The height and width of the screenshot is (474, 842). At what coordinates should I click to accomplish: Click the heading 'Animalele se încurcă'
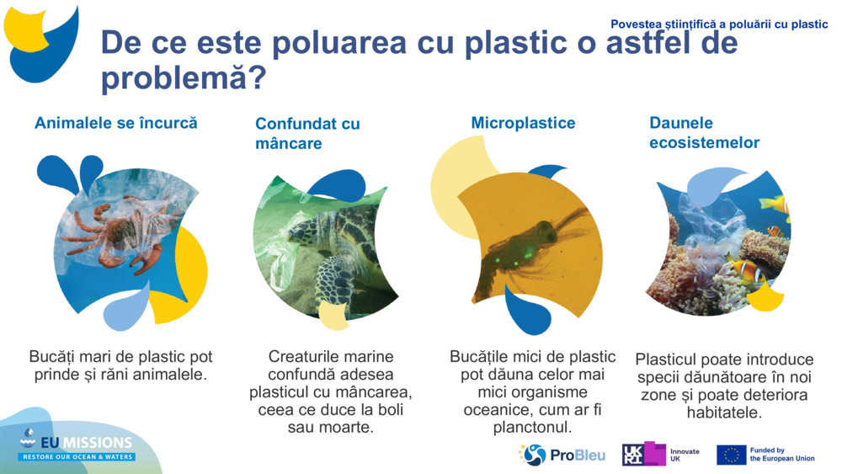(x=116, y=123)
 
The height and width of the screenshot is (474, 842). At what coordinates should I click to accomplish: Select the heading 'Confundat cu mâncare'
(x=307, y=134)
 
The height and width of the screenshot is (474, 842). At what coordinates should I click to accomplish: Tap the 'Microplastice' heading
(x=523, y=123)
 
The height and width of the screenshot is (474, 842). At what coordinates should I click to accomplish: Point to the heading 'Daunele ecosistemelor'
(x=704, y=133)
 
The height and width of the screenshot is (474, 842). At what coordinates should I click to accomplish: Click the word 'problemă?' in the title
(x=184, y=79)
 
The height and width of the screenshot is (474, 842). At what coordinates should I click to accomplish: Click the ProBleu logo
(x=562, y=455)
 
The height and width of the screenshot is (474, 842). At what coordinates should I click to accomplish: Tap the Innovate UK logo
(x=661, y=455)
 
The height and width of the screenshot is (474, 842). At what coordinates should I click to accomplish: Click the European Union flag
(x=731, y=455)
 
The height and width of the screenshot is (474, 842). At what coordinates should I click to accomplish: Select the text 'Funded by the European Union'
(x=781, y=455)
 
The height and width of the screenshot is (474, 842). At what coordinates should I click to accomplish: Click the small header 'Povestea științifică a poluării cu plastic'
(x=719, y=24)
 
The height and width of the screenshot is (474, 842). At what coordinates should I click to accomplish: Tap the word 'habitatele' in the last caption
(x=724, y=413)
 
